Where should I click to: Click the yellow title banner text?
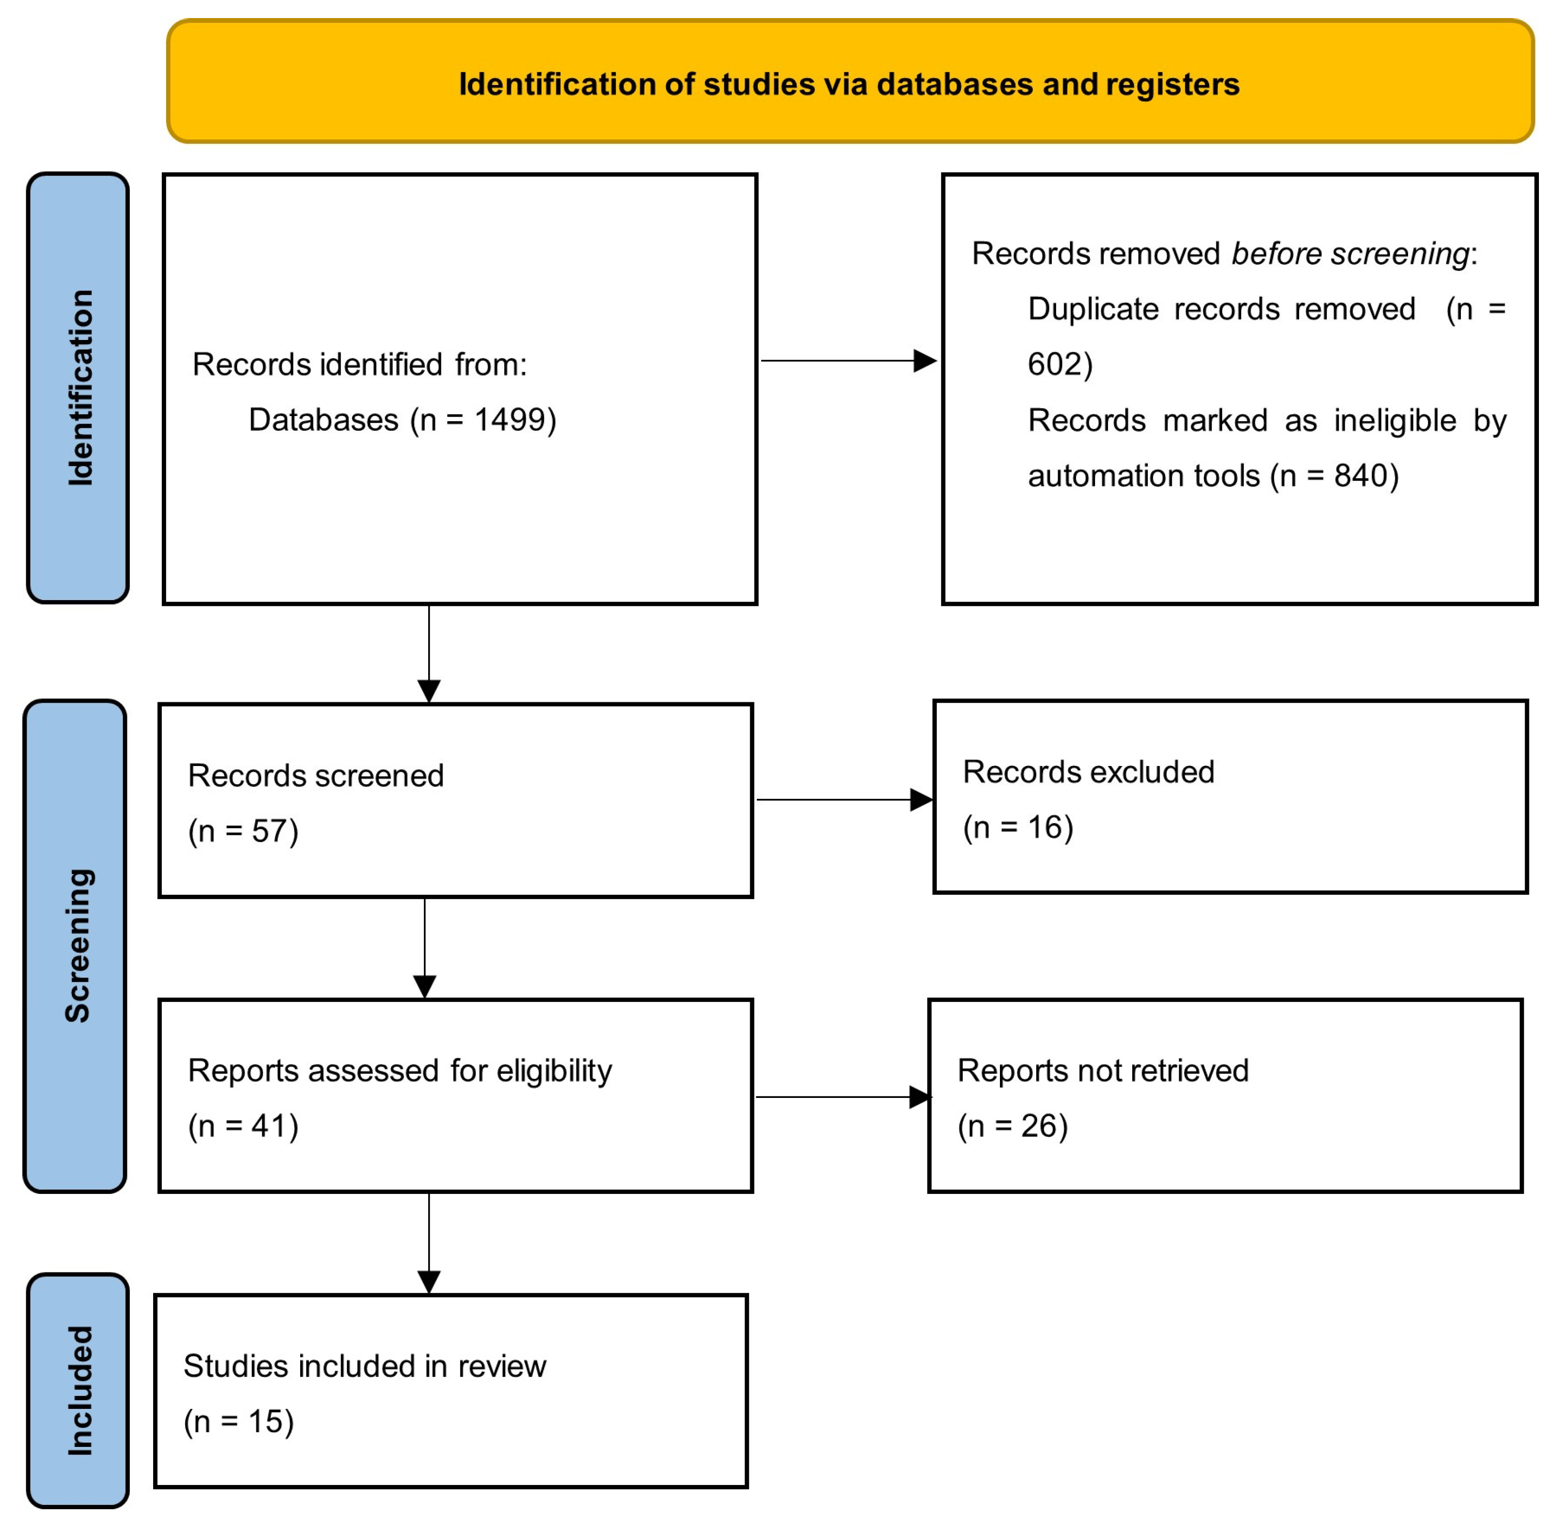pos(849,84)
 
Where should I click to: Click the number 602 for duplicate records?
pos(1055,364)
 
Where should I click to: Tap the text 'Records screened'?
pos(315,775)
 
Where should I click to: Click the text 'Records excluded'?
pos(1088,772)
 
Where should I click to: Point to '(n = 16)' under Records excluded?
pos(1018,827)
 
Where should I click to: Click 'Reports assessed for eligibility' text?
pos(399,1070)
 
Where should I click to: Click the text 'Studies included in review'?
pos(364,1366)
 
